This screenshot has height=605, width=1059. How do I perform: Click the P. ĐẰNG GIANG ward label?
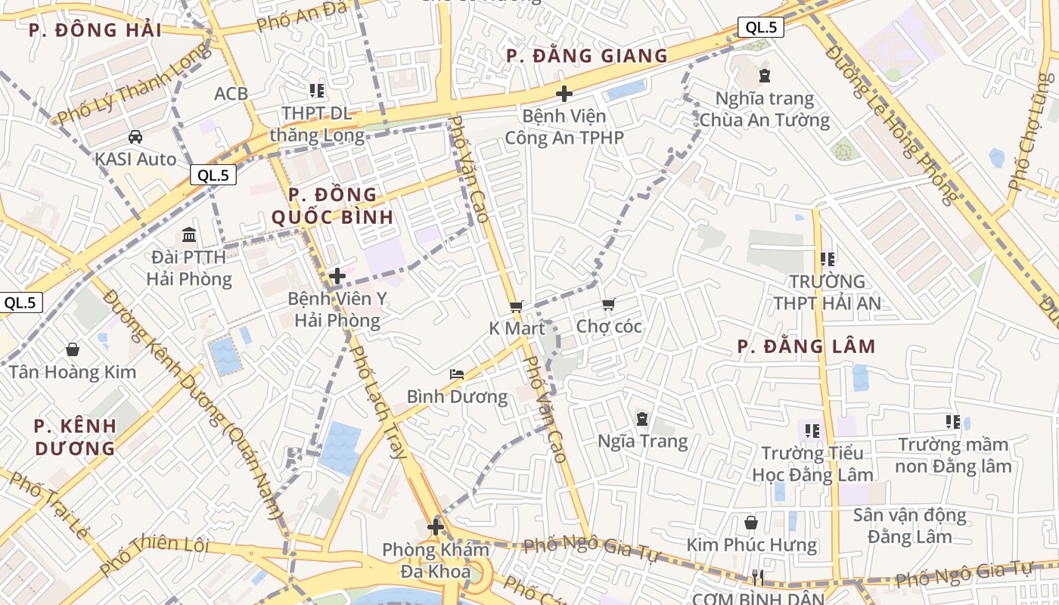(587, 56)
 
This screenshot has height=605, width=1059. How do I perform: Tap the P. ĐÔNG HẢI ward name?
(95, 30)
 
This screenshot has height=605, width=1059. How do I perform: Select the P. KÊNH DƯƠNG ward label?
(76, 436)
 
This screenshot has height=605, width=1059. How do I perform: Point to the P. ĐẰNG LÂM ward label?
(806, 347)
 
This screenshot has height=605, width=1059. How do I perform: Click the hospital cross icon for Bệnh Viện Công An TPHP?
(564, 94)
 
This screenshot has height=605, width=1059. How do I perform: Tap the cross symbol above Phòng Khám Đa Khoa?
(436, 527)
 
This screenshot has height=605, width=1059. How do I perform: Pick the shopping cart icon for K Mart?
(517, 306)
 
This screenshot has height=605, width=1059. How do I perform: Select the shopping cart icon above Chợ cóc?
(609, 304)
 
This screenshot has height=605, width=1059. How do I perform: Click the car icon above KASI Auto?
(135, 137)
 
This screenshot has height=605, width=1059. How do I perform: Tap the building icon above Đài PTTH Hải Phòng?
(189, 234)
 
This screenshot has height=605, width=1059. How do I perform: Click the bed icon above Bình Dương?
(457, 374)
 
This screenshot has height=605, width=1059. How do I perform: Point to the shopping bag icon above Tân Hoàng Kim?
(73, 349)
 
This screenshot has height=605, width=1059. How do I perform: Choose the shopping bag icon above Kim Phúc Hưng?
(751, 523)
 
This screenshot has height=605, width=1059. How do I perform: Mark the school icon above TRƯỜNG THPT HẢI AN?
(827, 259)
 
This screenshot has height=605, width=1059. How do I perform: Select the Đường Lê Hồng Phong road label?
(891, 125)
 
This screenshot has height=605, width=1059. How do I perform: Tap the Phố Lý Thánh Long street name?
(133, 83)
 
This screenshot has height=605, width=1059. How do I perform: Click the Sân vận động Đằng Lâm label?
(909, 526)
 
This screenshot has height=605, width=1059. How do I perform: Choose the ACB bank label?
(231, 94)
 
